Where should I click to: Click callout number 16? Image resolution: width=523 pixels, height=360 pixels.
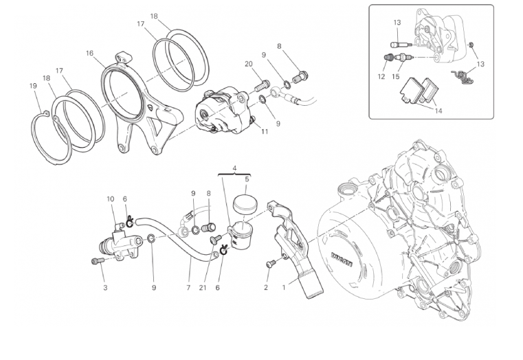[89, 53]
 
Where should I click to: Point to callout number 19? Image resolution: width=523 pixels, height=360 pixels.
[32, 86]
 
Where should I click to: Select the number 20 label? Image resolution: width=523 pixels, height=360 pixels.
[248, 64]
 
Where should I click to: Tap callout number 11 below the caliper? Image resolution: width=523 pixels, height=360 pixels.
[264, 131]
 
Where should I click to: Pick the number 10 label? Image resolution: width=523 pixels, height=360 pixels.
[109, 199]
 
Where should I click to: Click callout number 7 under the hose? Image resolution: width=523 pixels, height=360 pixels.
[188, 288]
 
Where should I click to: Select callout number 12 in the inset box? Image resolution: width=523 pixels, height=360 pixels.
[381, 77]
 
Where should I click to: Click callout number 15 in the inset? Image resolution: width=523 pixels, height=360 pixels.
[395, 77]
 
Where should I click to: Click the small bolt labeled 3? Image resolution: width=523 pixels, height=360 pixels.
[96, 260]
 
